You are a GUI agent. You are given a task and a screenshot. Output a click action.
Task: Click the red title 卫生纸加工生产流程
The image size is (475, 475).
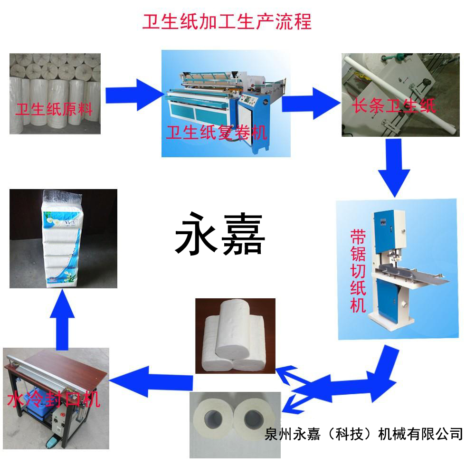pyautogui.click(x=227, y=21)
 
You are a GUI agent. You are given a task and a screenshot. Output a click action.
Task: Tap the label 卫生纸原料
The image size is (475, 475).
pyautogui.click(x=54, y=109)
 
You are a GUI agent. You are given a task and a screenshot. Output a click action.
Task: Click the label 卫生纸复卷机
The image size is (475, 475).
pyautogui.click(x=217, y=133)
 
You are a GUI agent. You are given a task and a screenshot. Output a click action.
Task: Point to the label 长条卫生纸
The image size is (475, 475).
pyautogui.click(x=394, y=105)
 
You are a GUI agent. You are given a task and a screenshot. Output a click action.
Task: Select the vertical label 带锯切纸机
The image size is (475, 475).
pyautogui.click(x=358, y=271)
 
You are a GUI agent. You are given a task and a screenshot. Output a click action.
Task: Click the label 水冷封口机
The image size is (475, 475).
pyautogui.click(x=53, y=399)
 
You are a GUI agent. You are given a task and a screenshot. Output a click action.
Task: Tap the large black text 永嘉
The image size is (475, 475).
pyautogui.click(x=220, y=234)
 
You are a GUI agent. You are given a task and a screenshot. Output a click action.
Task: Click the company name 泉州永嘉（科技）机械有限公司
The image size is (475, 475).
pyautogui.click(x=363, y=434)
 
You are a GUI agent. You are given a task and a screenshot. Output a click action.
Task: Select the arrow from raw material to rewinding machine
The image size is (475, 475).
pyautogui.click(x=135, y=95)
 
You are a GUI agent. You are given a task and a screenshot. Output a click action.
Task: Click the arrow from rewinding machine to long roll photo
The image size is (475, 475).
pyautogui.click(x=312, y=104)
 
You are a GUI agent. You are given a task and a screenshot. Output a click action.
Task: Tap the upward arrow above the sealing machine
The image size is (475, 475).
pyautogui.click(x=62, y=319)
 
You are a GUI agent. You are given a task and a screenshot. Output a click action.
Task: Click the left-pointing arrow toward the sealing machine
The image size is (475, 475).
pyautogui.click(x=151, y=381)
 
